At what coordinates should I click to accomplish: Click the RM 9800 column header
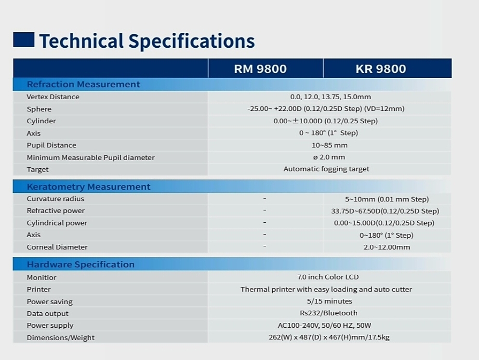coord(260,69)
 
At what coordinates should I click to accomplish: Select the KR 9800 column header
coord(381,69)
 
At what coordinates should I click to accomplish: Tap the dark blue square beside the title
coord(24,40)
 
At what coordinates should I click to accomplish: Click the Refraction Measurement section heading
coord(83,84)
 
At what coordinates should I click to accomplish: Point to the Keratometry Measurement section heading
coord(89,187)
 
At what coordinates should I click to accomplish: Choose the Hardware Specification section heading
coord(80,265)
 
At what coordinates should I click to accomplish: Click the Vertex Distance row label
coord(53,97)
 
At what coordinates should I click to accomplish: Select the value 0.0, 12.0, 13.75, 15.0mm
coord(331,97)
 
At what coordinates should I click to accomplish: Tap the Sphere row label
coord(39,109)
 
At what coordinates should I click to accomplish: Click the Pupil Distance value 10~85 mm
coord(330,145)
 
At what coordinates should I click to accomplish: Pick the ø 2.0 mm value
coord(329,157)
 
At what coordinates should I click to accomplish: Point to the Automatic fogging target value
coord(326,169)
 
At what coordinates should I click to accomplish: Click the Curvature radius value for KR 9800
coord(387,199)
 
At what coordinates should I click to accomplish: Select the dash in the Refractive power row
coord(265,210)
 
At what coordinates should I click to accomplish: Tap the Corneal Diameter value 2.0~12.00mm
coord(387,247)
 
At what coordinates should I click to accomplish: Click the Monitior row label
coord(41,278)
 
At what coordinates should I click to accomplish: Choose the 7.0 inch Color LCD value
coord(328,277)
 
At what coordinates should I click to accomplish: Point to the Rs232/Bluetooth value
coord(329,313)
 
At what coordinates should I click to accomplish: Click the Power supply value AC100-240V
coord(324,325)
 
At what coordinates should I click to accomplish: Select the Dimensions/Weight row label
coord(61,338)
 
